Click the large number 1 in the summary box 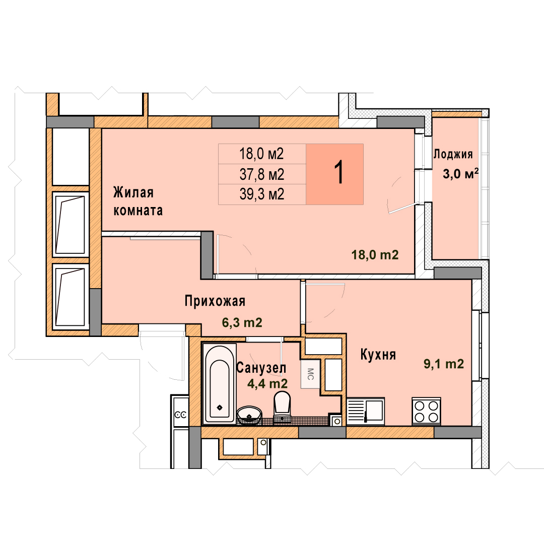[x=338, y=172]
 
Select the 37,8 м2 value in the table [x=262, y=174]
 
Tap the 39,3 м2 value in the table [x=262, y=194]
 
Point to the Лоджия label [x=453, y=154]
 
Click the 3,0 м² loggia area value [x=461, y=173]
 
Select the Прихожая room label [x=215, y=301]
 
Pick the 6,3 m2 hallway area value [x=242, y=323]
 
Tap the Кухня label [x=378, y=355]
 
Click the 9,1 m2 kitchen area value [x=444, y=364]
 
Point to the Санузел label [x=261, y=368]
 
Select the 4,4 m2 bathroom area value [x=267, y=383]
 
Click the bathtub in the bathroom [x=219, y=383]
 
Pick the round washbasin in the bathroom [x=249, y=415]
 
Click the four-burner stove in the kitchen [x=427, y=412]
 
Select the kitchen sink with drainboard [x=366, y=412]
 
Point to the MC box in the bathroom [x=310, y=374]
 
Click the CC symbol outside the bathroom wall [x=180, y=415]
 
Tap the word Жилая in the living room [x=133, y=192]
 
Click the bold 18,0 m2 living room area [x=375, y=255]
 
